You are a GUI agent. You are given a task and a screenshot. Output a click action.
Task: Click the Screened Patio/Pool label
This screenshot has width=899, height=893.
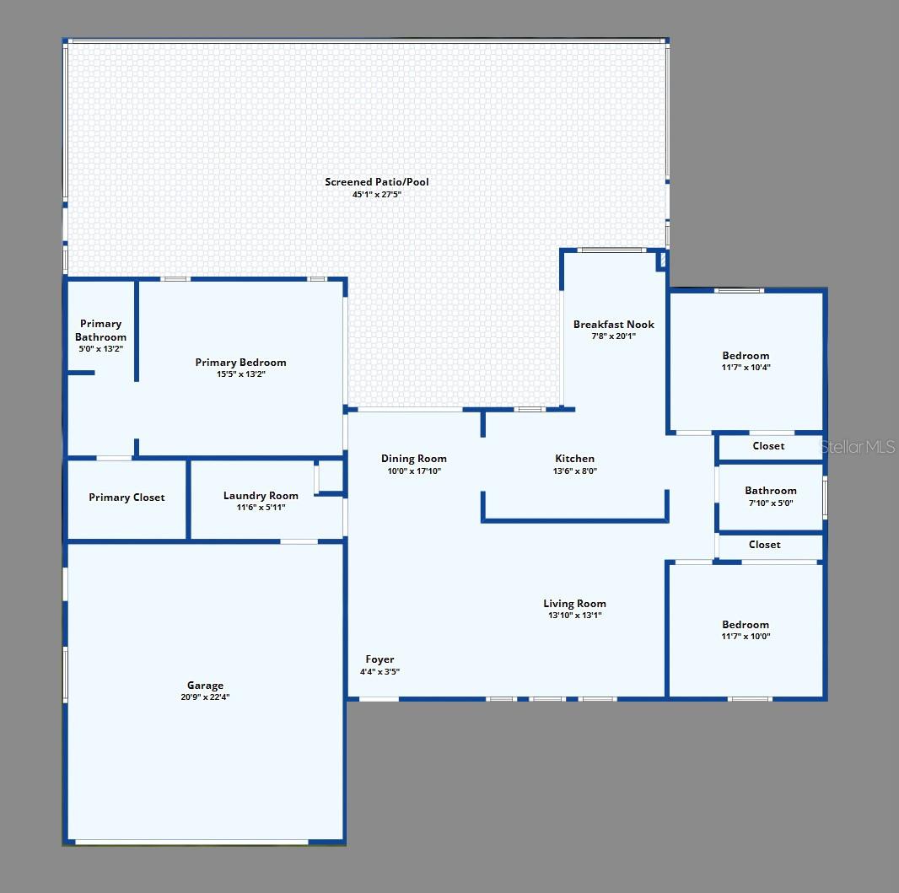377,181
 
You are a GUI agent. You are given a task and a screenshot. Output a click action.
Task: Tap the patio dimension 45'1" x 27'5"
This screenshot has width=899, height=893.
377,194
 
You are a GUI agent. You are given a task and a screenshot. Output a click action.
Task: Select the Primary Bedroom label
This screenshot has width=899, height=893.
241,363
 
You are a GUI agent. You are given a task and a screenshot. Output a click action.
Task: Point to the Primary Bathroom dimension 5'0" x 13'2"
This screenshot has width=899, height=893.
101,348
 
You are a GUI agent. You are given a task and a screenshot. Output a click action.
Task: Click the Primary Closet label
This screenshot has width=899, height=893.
127,498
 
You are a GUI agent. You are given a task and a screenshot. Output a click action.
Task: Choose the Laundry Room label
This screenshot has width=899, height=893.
261,495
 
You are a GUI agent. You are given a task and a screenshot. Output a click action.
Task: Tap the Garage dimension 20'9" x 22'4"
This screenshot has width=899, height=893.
205,697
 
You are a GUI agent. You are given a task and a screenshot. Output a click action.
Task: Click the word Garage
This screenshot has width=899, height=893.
205,685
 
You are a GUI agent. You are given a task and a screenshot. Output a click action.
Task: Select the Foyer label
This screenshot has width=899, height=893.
380,659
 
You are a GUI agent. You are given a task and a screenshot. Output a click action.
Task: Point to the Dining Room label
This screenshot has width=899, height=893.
414,459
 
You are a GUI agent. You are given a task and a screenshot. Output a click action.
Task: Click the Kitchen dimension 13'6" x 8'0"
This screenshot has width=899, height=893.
575,471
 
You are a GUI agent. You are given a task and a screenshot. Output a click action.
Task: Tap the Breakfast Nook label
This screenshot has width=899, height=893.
614,325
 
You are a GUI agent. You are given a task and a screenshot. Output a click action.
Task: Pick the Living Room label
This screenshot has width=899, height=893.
574,604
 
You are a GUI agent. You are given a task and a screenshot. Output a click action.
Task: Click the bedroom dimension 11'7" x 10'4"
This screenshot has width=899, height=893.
746,368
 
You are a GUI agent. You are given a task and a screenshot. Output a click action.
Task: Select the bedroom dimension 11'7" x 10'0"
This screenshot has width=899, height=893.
746,636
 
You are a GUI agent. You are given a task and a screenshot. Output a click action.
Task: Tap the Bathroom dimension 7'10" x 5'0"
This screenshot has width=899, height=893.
771,503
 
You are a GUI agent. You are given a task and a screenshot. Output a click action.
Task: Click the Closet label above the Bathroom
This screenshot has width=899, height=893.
768,446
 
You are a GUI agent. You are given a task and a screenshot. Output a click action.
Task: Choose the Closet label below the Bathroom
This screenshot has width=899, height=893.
765,545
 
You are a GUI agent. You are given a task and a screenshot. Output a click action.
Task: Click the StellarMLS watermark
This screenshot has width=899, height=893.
858,447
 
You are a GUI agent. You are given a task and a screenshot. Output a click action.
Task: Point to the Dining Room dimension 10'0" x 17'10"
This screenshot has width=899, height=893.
414,471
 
